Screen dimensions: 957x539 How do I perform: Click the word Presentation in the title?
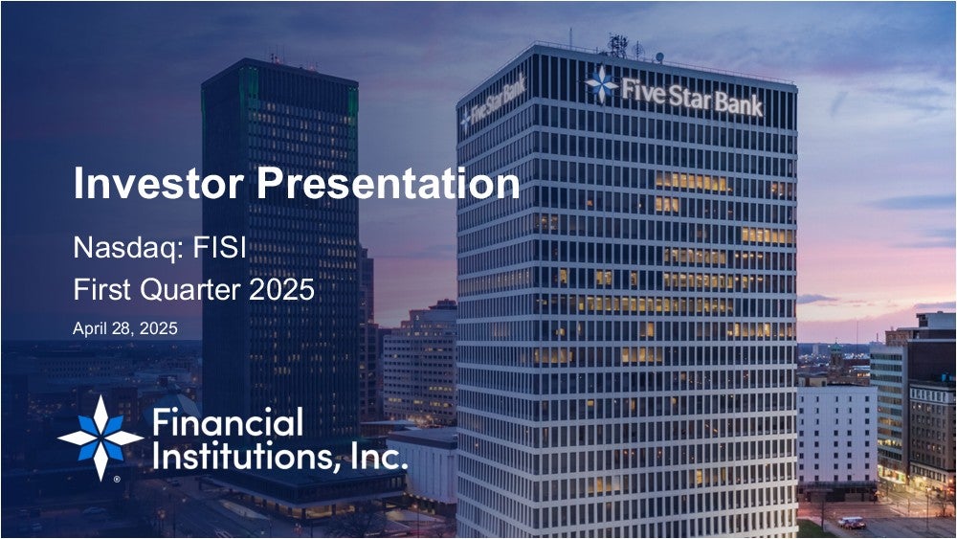[x=389, y=183]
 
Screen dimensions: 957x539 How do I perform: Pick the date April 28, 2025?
[x=125, y=328]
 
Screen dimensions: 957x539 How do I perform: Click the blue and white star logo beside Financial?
[x=100, y=438]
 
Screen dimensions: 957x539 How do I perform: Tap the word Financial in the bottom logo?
[x=228, y=422]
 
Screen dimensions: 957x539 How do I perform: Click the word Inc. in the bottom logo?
[x=379, y=456]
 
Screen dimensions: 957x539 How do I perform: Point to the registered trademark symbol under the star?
[x=117, y=480]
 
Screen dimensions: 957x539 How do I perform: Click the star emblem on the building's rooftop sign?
[x=602, y=84]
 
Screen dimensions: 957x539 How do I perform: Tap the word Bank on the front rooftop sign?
[x=739, y=103]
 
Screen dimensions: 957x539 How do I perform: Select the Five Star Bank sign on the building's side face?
[x=493, y=102]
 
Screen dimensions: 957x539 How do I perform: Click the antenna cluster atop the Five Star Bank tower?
[x=617, y=46]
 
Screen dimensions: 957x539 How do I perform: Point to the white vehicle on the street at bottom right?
[x=852, y=523]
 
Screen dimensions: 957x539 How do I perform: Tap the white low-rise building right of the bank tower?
[x=836, y=433]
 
